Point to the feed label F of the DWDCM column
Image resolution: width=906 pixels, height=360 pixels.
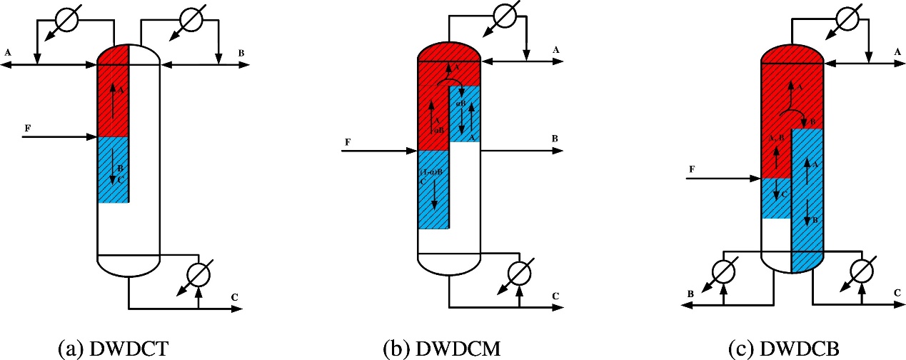tap(348, 142)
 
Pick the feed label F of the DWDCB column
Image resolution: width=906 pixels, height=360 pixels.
tap(692, 169)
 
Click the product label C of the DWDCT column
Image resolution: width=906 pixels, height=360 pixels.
tap(235, 297)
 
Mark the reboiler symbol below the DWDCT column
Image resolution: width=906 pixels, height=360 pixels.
tap(197, 274)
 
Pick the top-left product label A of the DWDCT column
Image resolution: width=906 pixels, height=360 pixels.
tap(8, 52)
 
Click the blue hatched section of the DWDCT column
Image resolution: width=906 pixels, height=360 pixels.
tap(112, 170)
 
